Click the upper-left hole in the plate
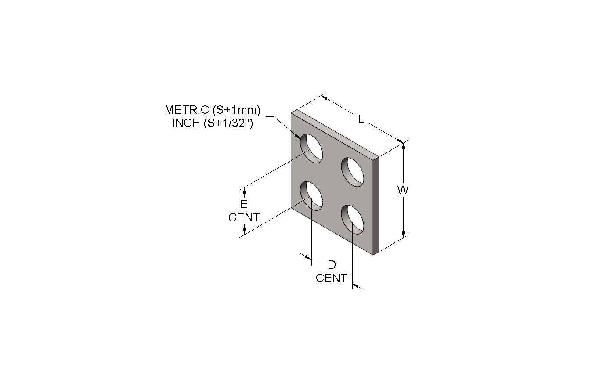pos(311,148)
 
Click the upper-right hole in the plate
pos(353,172)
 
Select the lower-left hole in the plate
pos(311,196)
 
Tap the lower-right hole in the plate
pos(353,220)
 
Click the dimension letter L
pos(361,119)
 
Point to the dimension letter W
pos(403,190)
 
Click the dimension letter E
pos(244,204)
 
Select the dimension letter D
pos(332,265)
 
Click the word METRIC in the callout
pos(187,110)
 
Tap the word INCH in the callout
pos(186,123)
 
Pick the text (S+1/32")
pos(228,123)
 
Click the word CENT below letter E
pos(244,217)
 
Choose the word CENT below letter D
pos(331,278)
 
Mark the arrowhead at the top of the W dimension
pos(403,146)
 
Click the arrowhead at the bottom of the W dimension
pos(403,233)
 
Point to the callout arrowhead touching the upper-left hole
pos(297,136)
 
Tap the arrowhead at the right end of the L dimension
pos(400,141)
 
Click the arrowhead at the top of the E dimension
pos(244,191)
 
